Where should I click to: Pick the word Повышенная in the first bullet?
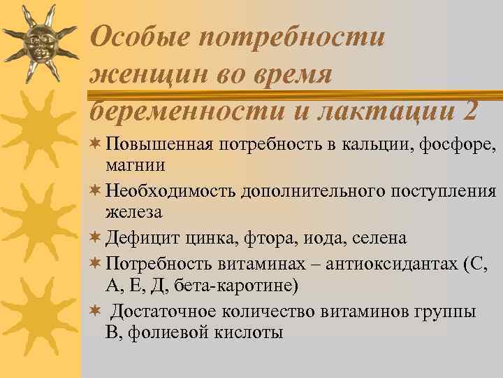coord(158,145)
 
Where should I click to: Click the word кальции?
coord(377,145)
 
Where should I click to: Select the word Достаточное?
coord(168,311)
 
